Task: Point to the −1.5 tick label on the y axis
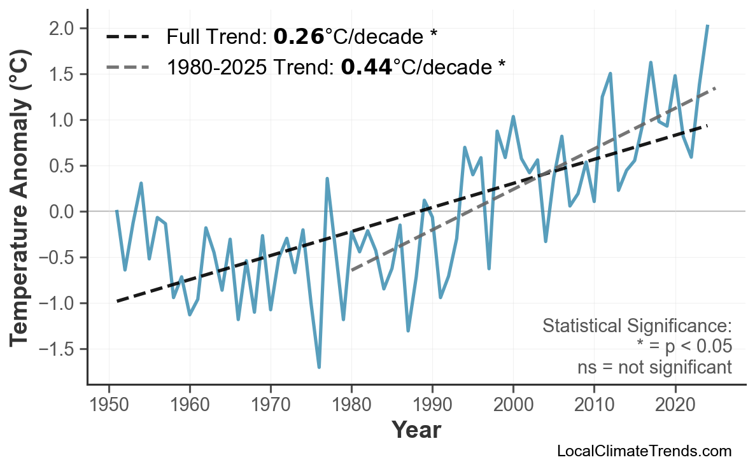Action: [59, 349]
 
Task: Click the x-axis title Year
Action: [415, 430]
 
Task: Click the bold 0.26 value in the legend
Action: [299, 37]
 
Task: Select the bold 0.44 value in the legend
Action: [366, 66]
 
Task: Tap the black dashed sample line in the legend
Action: [128, 37]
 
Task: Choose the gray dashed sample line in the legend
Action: [128, 66]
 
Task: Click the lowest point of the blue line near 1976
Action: [319, 367]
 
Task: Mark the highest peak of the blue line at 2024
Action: [707, 25]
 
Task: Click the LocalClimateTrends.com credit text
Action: [644, 451]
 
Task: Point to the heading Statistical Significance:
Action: [637, 326]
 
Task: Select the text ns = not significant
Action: [654, 367]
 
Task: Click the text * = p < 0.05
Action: [684, 347]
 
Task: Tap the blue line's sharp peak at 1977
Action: [327, 179]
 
